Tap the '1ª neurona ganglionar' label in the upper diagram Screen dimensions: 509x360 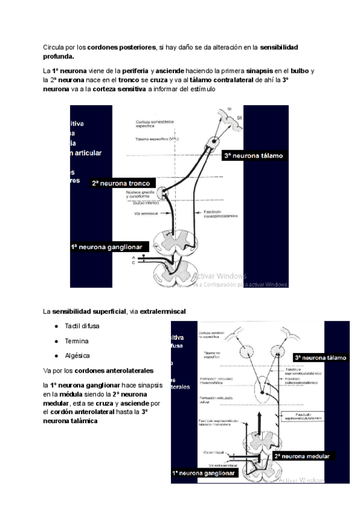tap(110, 246)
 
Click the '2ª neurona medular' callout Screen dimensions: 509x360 tap(302, 456)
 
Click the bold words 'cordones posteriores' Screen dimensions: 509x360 tap(122, 46)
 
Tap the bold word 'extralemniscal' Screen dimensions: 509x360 tap(163, 311)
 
